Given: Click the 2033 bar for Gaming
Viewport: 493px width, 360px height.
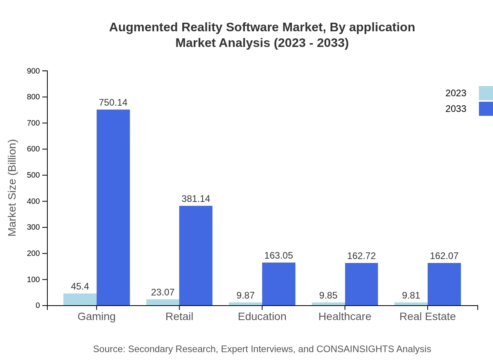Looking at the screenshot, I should pos(113,207).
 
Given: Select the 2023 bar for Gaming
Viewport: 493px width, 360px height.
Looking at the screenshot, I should pos(80,299).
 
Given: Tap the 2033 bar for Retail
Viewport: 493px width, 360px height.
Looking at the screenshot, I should pos(196,256).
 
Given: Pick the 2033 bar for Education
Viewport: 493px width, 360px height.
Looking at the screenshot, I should pos(279,284).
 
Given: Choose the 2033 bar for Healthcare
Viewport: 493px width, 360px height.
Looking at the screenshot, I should pos(362,284).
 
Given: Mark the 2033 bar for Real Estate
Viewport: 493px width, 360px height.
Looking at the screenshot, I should pos(444,284).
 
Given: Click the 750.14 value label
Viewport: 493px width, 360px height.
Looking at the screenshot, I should pos(113,103).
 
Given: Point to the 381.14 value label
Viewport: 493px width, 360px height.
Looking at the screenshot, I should pos(196,199).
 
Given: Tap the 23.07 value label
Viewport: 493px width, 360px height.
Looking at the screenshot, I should pos(163,292).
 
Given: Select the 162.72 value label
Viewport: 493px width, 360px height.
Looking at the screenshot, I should pos(362,256).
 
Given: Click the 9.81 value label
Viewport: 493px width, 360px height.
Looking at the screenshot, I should pos(411,295).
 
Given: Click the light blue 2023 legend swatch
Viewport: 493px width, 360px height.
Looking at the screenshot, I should pos(486,93).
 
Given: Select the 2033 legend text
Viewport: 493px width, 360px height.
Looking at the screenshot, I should pos(456,109).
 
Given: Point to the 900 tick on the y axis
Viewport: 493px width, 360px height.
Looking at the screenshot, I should pos(34,71).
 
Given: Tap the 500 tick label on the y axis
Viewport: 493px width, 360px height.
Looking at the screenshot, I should pos(34,175).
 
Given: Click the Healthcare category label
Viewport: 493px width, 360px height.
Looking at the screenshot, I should pos(345,316).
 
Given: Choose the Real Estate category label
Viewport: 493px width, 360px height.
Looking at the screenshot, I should pos(427,316).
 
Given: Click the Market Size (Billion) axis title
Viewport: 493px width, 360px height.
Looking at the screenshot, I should pos(12,188).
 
